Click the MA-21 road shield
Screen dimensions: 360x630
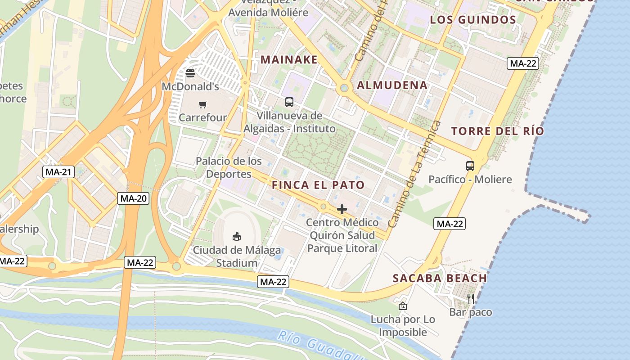[x=58, y=171]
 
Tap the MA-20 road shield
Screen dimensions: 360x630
[x=133, y=198]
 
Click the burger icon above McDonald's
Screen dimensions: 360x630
[x=190, y=73]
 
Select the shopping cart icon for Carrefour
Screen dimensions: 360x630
[x=203, y=105]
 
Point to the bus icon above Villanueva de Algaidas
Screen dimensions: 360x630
[x=289, y=102]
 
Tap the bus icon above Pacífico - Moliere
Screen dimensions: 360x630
[x=470, y=166]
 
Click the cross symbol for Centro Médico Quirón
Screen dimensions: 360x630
[x=342, y=209]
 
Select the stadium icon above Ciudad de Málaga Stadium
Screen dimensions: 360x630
[x=237, y=236]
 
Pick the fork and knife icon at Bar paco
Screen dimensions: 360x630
[x=471, y=298]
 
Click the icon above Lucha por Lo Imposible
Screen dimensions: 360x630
[x=403, y=306]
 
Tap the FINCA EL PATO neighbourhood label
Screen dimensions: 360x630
[x=318, y=185]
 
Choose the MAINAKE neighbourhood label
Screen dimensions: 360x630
[x=289, y=59]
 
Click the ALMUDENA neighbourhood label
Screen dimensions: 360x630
[x=392, y=85]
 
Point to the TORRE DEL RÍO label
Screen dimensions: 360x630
[x=498, y=131]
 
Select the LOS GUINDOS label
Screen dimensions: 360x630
[x=473, y=19]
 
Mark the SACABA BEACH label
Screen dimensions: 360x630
[x=440, y=278]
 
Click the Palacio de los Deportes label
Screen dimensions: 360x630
[x=229, y=167]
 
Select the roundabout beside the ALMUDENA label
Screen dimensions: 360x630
[x=344, y=88]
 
